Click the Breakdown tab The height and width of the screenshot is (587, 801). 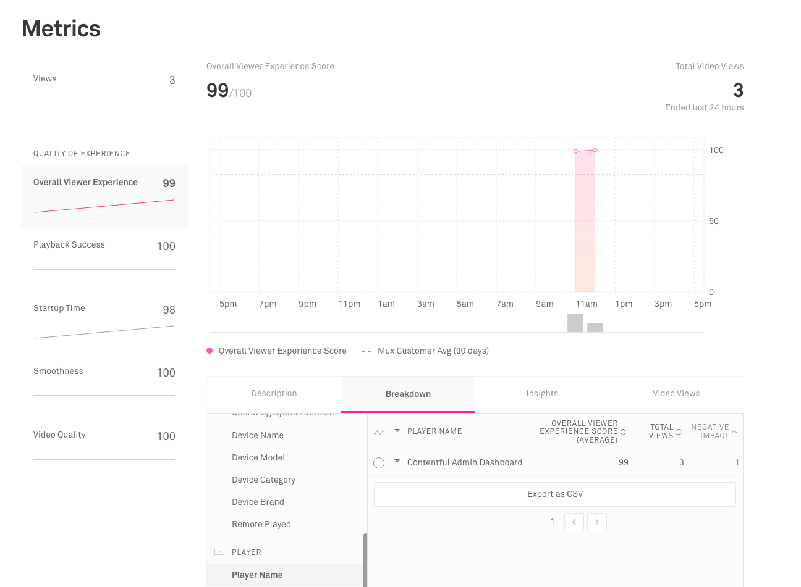click(408, 394)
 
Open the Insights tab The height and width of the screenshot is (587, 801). click(542, 394)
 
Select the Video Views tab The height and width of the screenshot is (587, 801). click(676, 394)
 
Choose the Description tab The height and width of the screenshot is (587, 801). click(274, 394)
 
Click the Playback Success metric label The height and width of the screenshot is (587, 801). click(69, 245)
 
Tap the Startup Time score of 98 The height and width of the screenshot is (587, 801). click(169, 310)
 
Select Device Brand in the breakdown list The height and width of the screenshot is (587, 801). click(258, 502)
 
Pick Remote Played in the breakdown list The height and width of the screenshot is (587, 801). click(261, 524)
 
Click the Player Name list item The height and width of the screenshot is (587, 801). click(257, 575)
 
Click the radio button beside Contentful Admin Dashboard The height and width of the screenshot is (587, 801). click(379, 463)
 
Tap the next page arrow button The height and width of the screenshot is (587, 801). click(596, 522)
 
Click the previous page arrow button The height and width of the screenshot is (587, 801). click(574, 522)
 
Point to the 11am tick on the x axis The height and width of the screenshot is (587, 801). click(587, 304)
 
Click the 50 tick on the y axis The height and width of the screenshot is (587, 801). click(714, 221)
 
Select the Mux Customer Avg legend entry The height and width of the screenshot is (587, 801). click(433, 351)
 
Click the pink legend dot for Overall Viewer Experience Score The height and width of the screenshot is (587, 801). click(210, 351)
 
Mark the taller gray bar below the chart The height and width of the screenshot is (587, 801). click(575, 323)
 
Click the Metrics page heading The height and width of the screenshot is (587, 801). click(61, 29)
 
